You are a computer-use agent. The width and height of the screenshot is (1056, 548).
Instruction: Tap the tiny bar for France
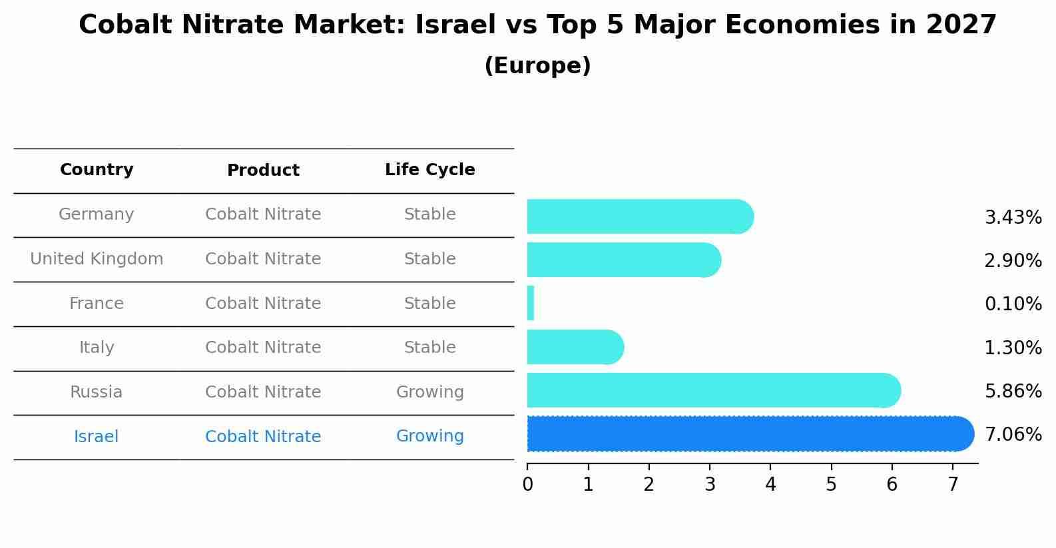(531, 304)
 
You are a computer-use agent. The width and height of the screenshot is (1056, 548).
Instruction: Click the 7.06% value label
(1013, 435)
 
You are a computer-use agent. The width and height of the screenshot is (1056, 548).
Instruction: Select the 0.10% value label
(1013, 304)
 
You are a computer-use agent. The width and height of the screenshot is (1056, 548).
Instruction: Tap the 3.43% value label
(1013, 218)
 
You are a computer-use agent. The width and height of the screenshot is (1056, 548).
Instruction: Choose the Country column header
(97, 170)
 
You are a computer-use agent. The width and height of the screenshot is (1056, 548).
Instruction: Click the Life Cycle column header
(429, 170)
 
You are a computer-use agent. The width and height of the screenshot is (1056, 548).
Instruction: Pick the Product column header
(263, 170)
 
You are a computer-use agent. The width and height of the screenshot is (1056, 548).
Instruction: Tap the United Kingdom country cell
(97, 259)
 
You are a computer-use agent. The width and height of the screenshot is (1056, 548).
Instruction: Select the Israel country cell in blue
(97, 437)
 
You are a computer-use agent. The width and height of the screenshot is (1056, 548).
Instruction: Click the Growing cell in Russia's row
(429, 392)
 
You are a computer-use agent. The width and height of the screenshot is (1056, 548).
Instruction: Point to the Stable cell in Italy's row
(429, 348)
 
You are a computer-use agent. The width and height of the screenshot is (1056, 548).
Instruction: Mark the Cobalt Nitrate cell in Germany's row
(263, 214)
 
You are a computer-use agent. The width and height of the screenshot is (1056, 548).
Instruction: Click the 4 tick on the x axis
(770, 484)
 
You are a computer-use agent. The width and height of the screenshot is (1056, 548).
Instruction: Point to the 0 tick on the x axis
(527, 484)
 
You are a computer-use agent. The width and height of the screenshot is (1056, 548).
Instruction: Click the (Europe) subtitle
(537, 66)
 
